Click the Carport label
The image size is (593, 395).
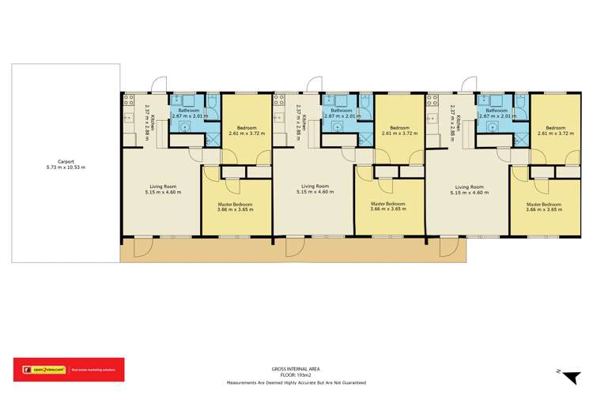[65, 161]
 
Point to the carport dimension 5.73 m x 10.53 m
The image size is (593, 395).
[65, 167]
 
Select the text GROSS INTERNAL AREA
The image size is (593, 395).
[296, 368]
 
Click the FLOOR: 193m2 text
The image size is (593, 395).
[296, 374]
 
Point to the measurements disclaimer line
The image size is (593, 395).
[296, 382]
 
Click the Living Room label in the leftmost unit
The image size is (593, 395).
[163, 186]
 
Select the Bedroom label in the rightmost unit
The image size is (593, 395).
[555, 128]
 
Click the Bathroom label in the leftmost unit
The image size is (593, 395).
[189, 111]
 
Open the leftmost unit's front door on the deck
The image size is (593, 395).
[142, 248]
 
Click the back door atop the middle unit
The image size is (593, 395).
[314, 84]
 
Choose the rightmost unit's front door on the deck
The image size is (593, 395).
[448, 248]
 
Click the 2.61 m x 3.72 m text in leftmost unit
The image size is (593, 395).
[246, 134]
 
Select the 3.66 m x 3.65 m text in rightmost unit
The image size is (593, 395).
[543, 209]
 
